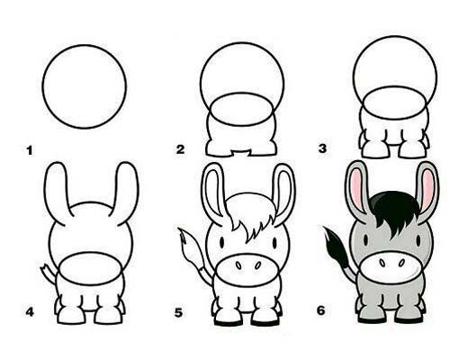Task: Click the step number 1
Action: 30,150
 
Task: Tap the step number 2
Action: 180,149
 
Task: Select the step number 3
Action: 322,148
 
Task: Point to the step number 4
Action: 30,312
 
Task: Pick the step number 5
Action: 178,313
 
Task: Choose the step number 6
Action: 321,310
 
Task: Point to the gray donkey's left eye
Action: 365,240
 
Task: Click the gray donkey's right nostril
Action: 401,263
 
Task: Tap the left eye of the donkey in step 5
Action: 221,242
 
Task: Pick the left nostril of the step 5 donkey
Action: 238,265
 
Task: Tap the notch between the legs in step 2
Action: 240,153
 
